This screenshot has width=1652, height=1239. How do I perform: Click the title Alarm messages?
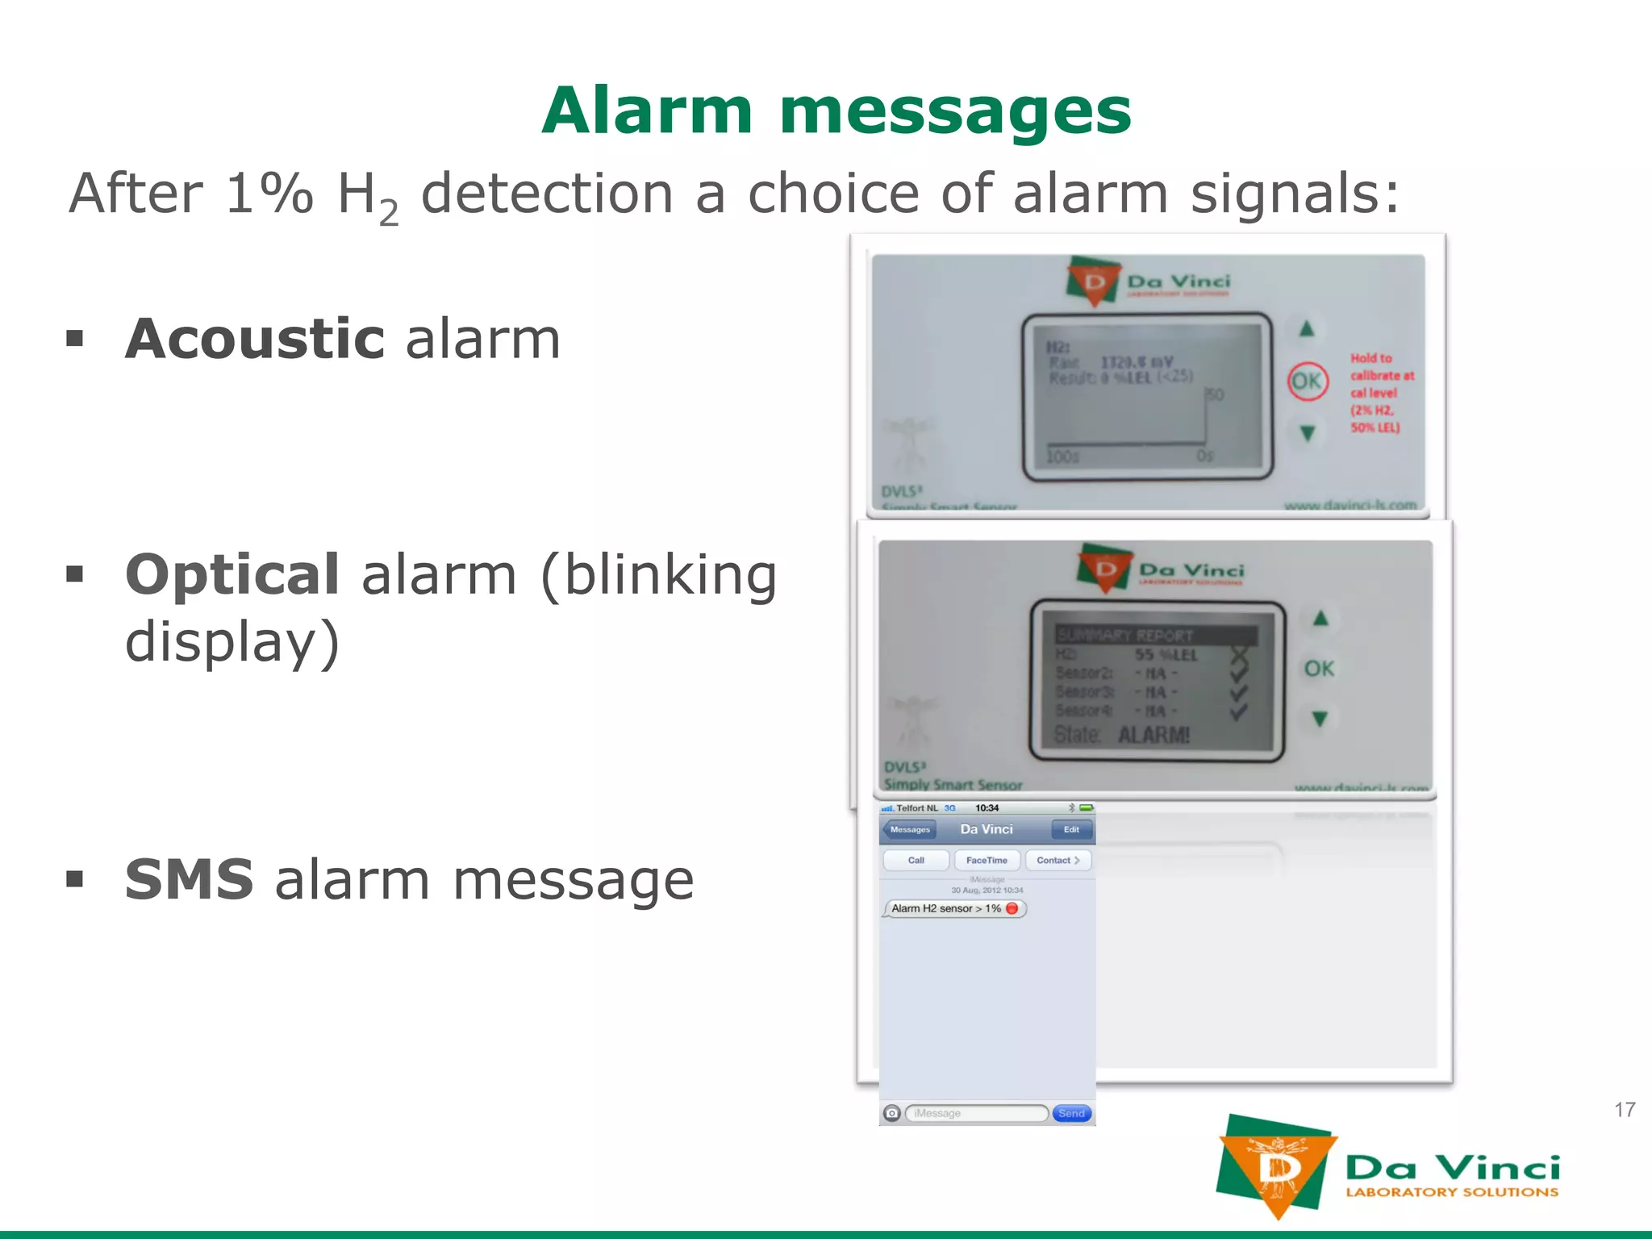tap(836, 111)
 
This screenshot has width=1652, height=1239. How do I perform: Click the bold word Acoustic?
tap(255, 339)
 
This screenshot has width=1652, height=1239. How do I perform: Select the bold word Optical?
tap(232, 574)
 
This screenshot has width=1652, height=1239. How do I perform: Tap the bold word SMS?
tap(190, 879)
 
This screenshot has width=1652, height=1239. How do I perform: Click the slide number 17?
tap(1625, 1110)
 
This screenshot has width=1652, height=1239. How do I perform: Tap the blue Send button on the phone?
tap(1071, 1113)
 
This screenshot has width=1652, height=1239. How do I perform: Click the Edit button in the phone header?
tap(1071, 829)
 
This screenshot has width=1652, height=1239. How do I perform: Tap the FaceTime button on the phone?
tap(987, 860)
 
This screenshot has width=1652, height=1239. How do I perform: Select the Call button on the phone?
tap(916, 860)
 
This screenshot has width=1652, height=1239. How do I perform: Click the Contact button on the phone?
tap(1058, 860)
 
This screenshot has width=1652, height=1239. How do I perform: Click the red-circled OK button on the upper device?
tap(1307, 381)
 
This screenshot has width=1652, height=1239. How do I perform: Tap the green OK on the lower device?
tap(1320, 669)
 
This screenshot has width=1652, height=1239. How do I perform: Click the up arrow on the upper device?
tap(1307, 329)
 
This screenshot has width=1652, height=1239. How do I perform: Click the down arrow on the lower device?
tap(1320, 719)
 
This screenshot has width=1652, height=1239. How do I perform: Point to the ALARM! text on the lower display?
tap(1153, 735)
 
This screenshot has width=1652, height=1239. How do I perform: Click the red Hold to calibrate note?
tap(1381, 393)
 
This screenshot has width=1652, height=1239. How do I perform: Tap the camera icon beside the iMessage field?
tap(891, 1113)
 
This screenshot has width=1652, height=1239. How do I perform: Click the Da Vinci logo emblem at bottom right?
tap(1274, 1166)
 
